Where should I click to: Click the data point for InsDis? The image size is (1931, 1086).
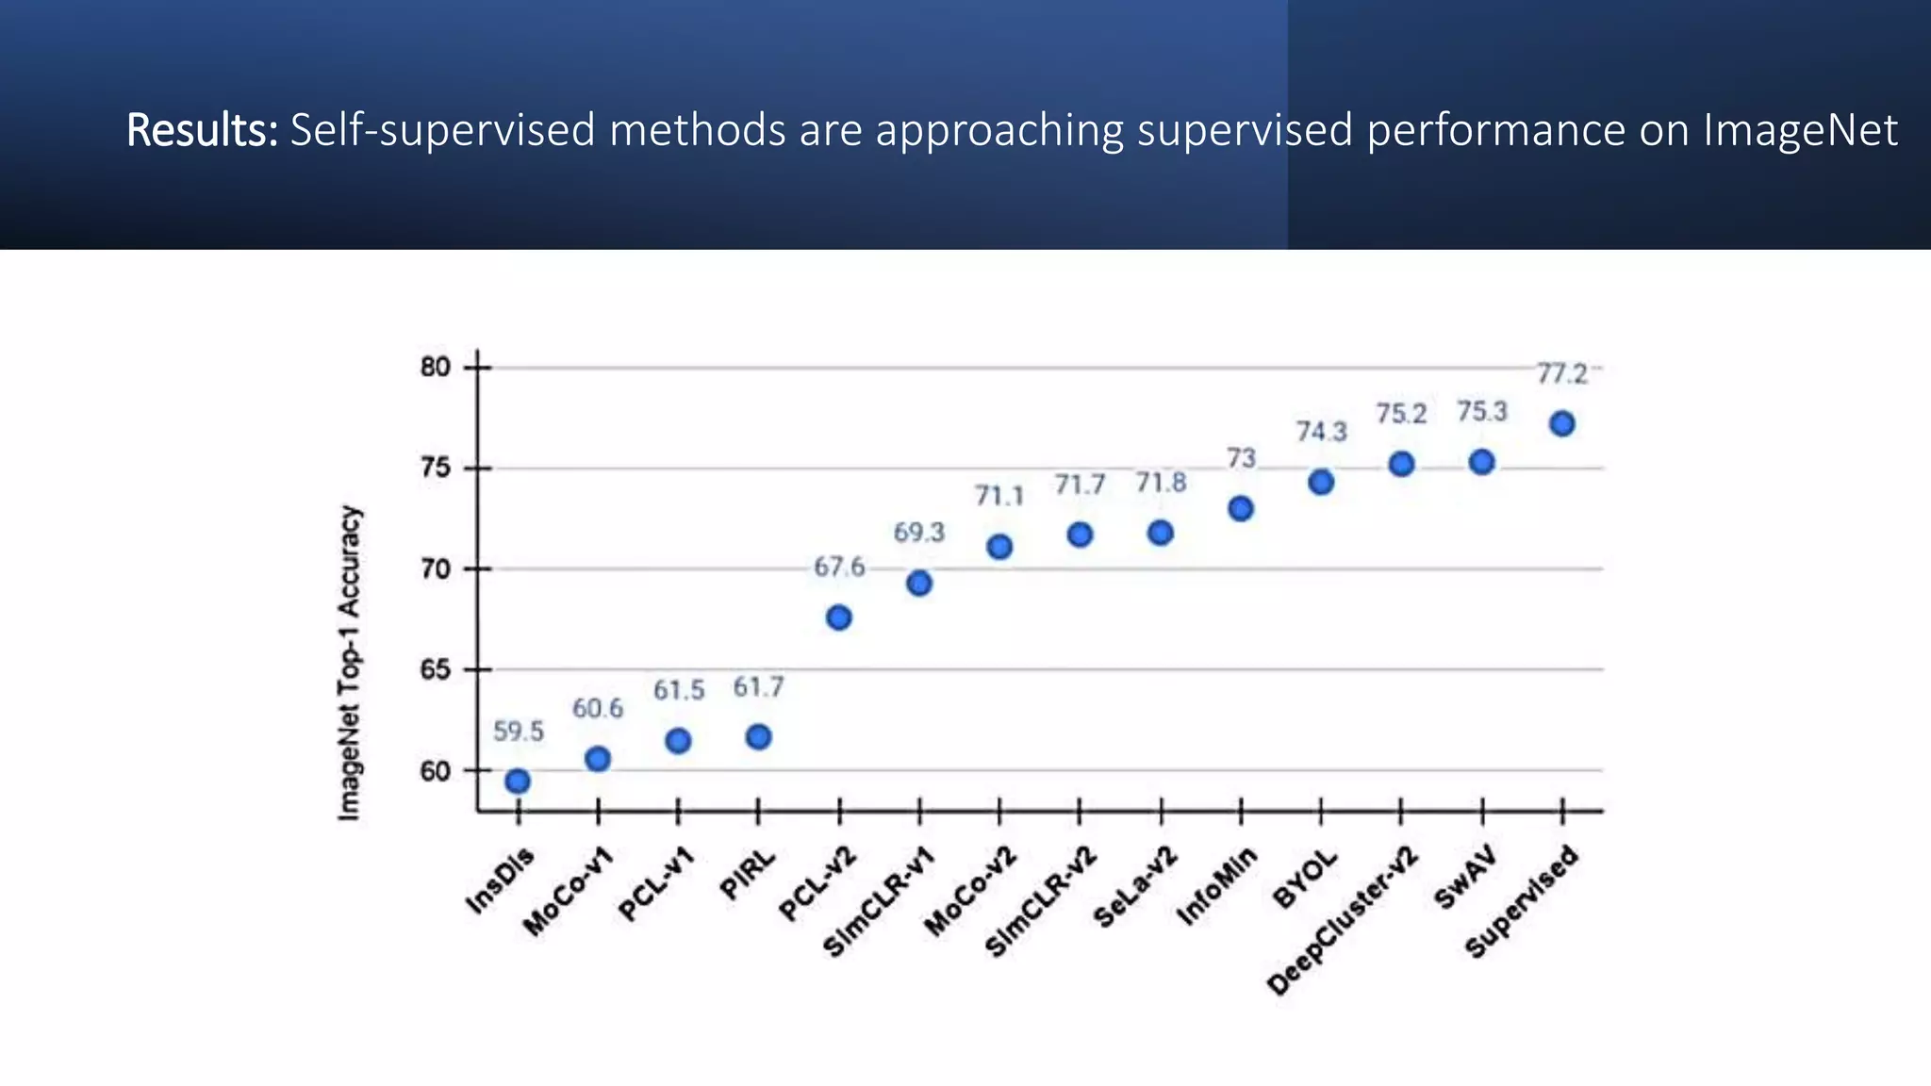click(517, 781)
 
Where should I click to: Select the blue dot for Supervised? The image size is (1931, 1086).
click(1561, 423)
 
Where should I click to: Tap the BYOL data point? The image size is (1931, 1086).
click(1321, 482)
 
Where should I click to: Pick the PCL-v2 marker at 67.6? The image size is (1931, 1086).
click(838, 617)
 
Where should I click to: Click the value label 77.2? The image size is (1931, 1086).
click(1561, 374)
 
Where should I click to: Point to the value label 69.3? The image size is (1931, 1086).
click(918, 533)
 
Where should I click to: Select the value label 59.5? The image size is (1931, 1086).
click(518, 731)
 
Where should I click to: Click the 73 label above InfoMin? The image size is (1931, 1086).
click(1241, 458)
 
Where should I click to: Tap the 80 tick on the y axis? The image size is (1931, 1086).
click(436, 367)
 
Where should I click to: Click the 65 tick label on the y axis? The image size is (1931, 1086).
click(436, 669)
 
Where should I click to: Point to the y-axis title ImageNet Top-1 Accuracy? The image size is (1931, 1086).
click(349, 663)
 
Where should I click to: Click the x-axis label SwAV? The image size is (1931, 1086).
click(1464, 878)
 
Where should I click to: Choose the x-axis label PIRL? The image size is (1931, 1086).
click(748, 874)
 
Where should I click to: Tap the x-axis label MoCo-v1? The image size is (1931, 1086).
click(569, 891)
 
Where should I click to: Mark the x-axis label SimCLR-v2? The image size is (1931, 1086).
click(1041, 901)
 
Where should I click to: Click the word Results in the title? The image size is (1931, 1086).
click(202, 130)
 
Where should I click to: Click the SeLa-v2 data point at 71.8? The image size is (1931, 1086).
click(1160, 533)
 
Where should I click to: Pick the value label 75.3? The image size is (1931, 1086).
click(1481, 412)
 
